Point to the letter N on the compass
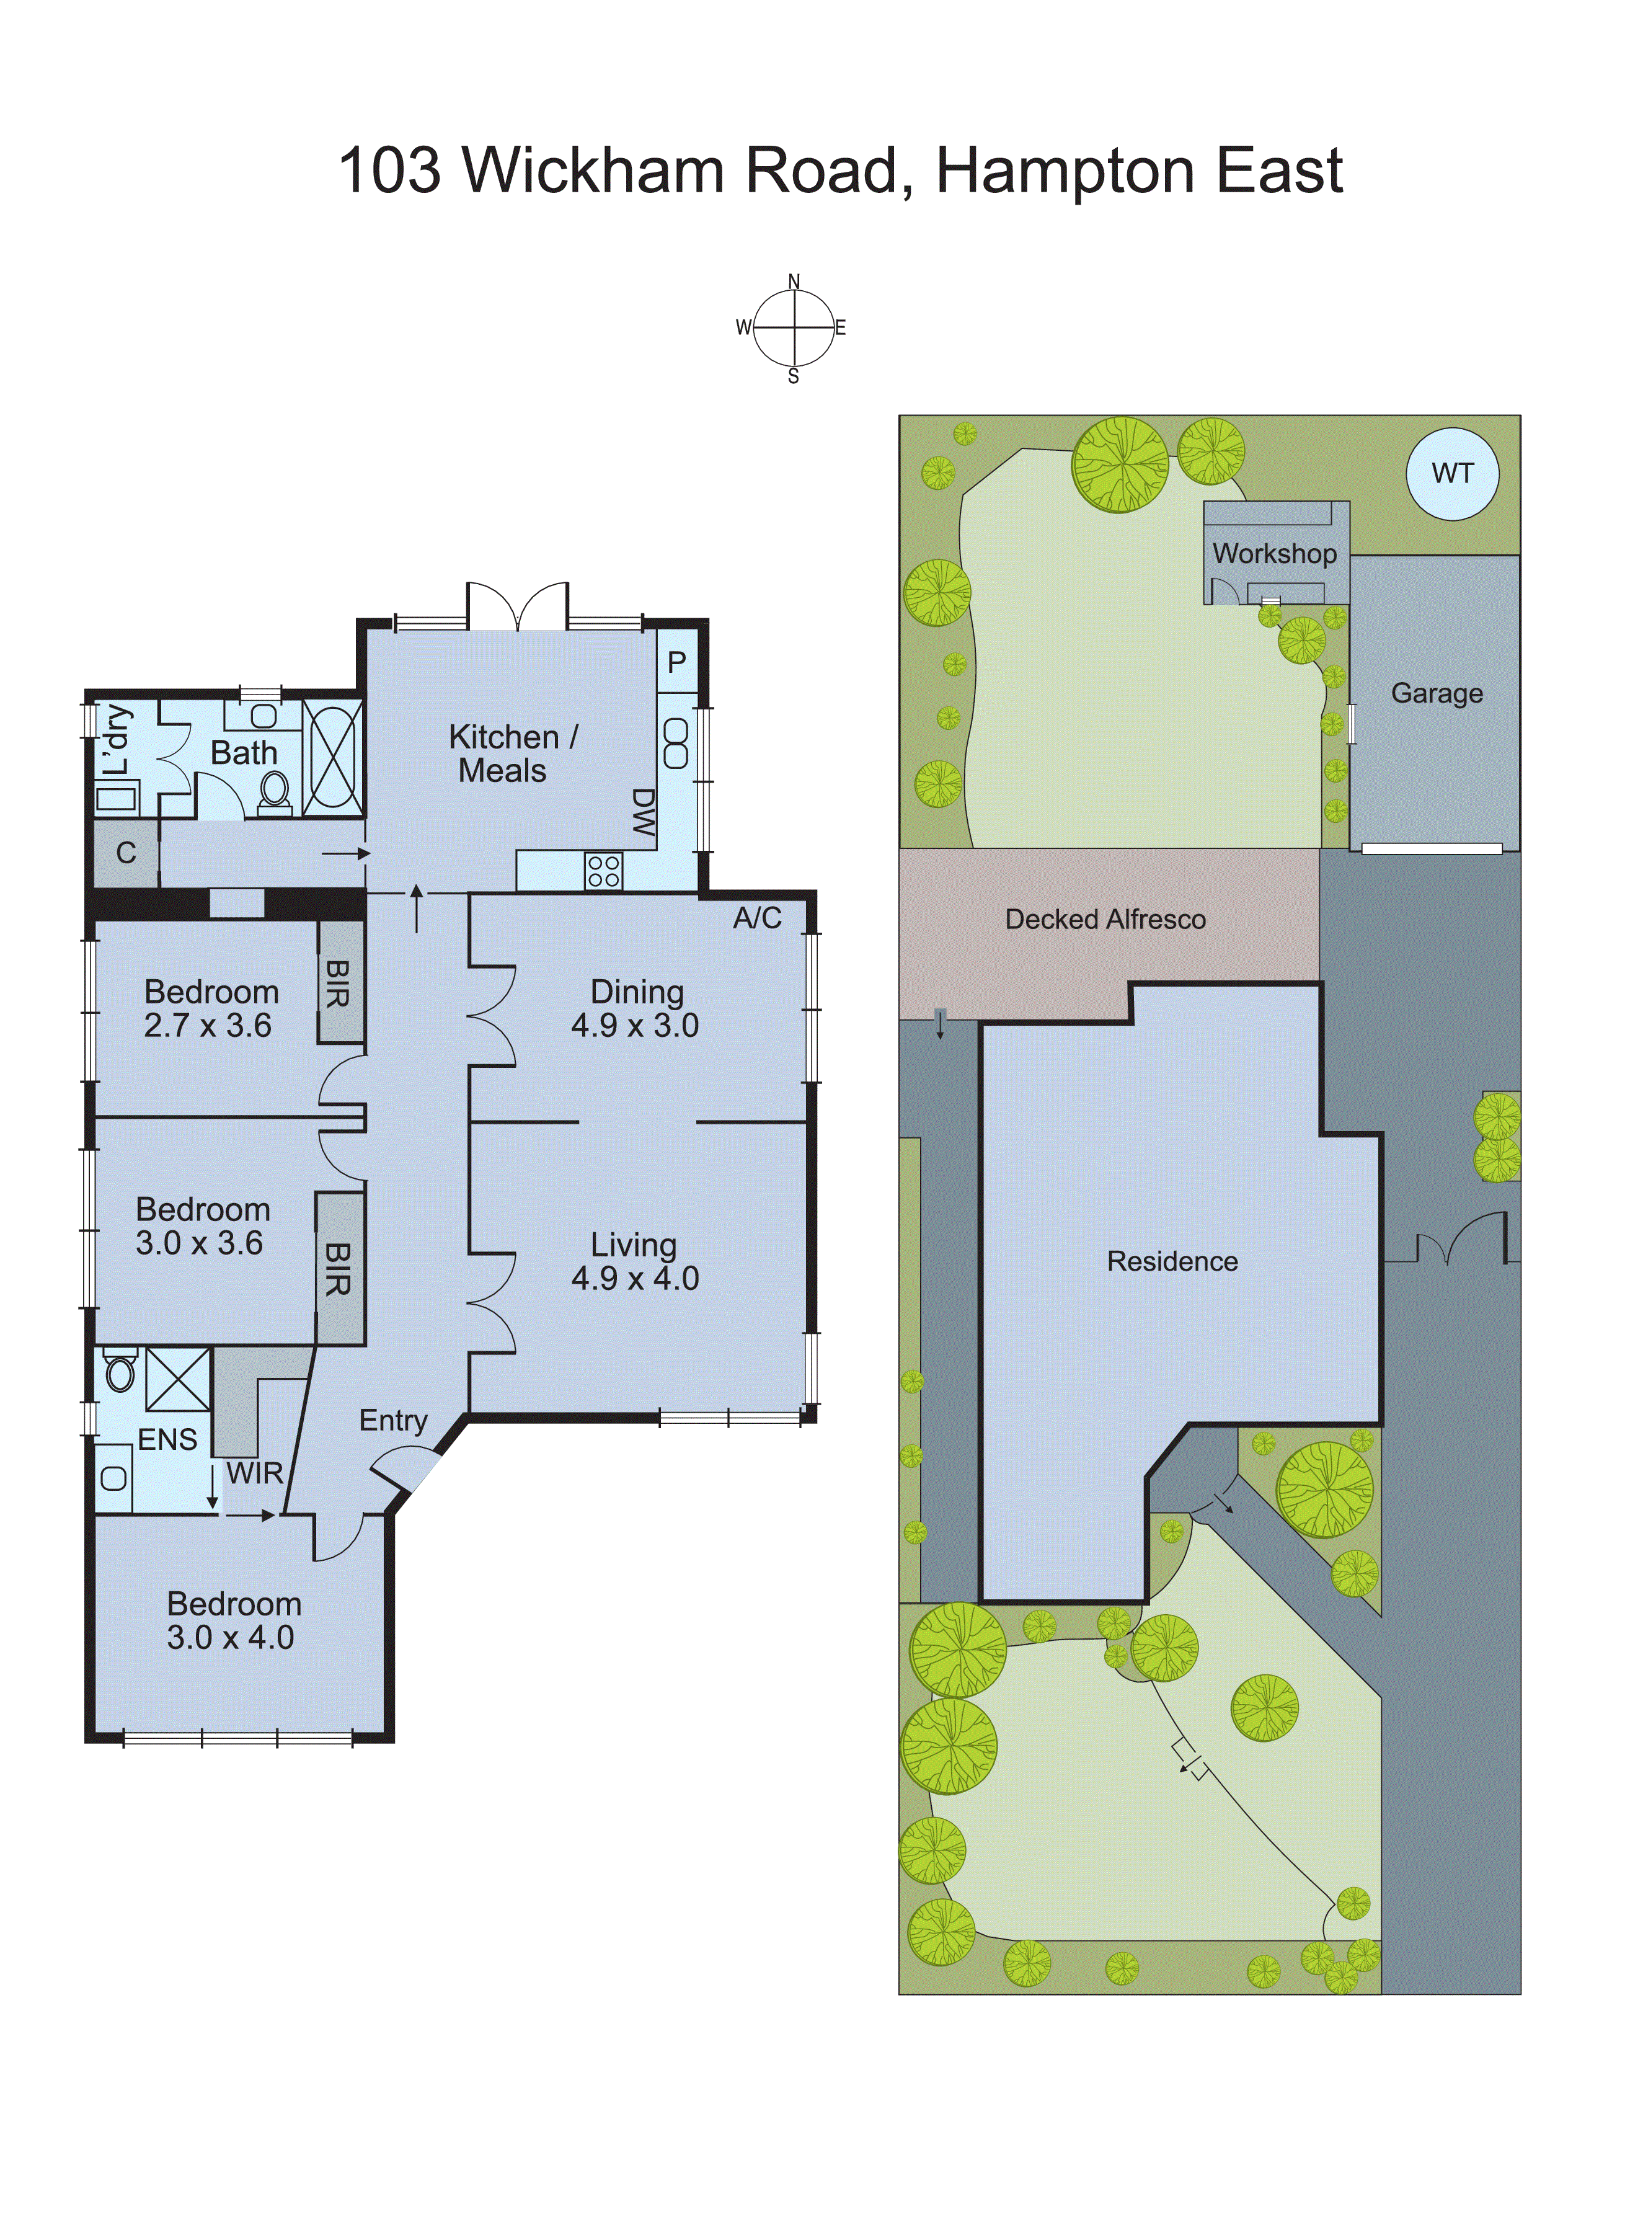point(794,282)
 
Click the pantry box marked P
point(676,662)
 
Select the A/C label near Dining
point(757,918)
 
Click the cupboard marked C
point(125,853)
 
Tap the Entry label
point(393,1420)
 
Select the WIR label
point(255,1473)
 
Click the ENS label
point(167,1439)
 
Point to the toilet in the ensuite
point(120,1372)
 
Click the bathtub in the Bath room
point(332,758)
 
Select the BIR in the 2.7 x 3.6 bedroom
point(339,983)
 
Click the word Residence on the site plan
point(1172,1261)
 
